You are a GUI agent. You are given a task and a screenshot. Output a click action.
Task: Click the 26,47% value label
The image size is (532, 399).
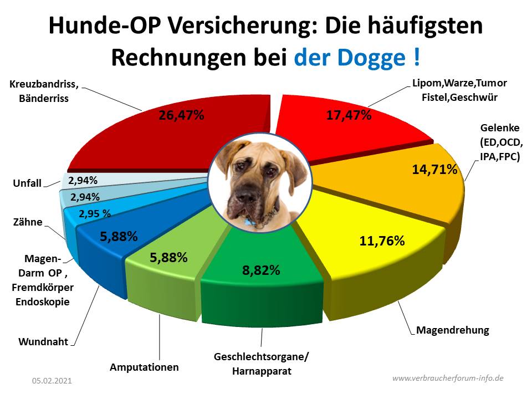pos(180,116)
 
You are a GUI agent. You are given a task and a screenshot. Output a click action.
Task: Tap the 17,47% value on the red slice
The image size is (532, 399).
pos(347,116)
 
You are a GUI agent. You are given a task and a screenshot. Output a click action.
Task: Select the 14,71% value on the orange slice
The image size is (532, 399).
pos(434,169)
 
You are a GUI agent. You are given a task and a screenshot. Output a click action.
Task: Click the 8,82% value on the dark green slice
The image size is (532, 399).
pos(260,270)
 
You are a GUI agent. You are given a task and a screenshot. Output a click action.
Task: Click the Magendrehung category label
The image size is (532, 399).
pos(452,330)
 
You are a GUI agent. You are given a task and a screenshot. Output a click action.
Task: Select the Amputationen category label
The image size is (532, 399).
pos(144,367)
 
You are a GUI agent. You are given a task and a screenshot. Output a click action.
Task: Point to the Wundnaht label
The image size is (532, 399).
pos(43,341)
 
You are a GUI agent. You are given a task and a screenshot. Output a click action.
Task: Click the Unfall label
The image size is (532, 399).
pos(26,183)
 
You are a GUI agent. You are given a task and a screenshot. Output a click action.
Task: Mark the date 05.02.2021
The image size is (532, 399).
pos(52,381)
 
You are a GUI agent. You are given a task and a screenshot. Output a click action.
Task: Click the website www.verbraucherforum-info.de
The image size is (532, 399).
pos(448,378)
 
